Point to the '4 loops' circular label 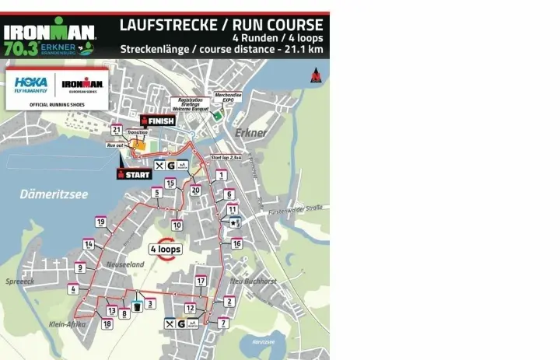[165, 249]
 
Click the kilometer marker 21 [117, 130]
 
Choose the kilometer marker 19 [100, 222]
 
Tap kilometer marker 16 [237, 243]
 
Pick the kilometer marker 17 [201, 281]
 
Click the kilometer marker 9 [79, 267]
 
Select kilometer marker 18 [107, 323]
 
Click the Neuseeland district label [125, 264]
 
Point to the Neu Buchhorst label [254, 281]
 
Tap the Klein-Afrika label [68, 323]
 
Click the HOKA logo [30, 83]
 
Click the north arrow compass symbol [315, 76]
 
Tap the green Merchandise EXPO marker [219, 115]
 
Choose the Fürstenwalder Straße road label [295, 209]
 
